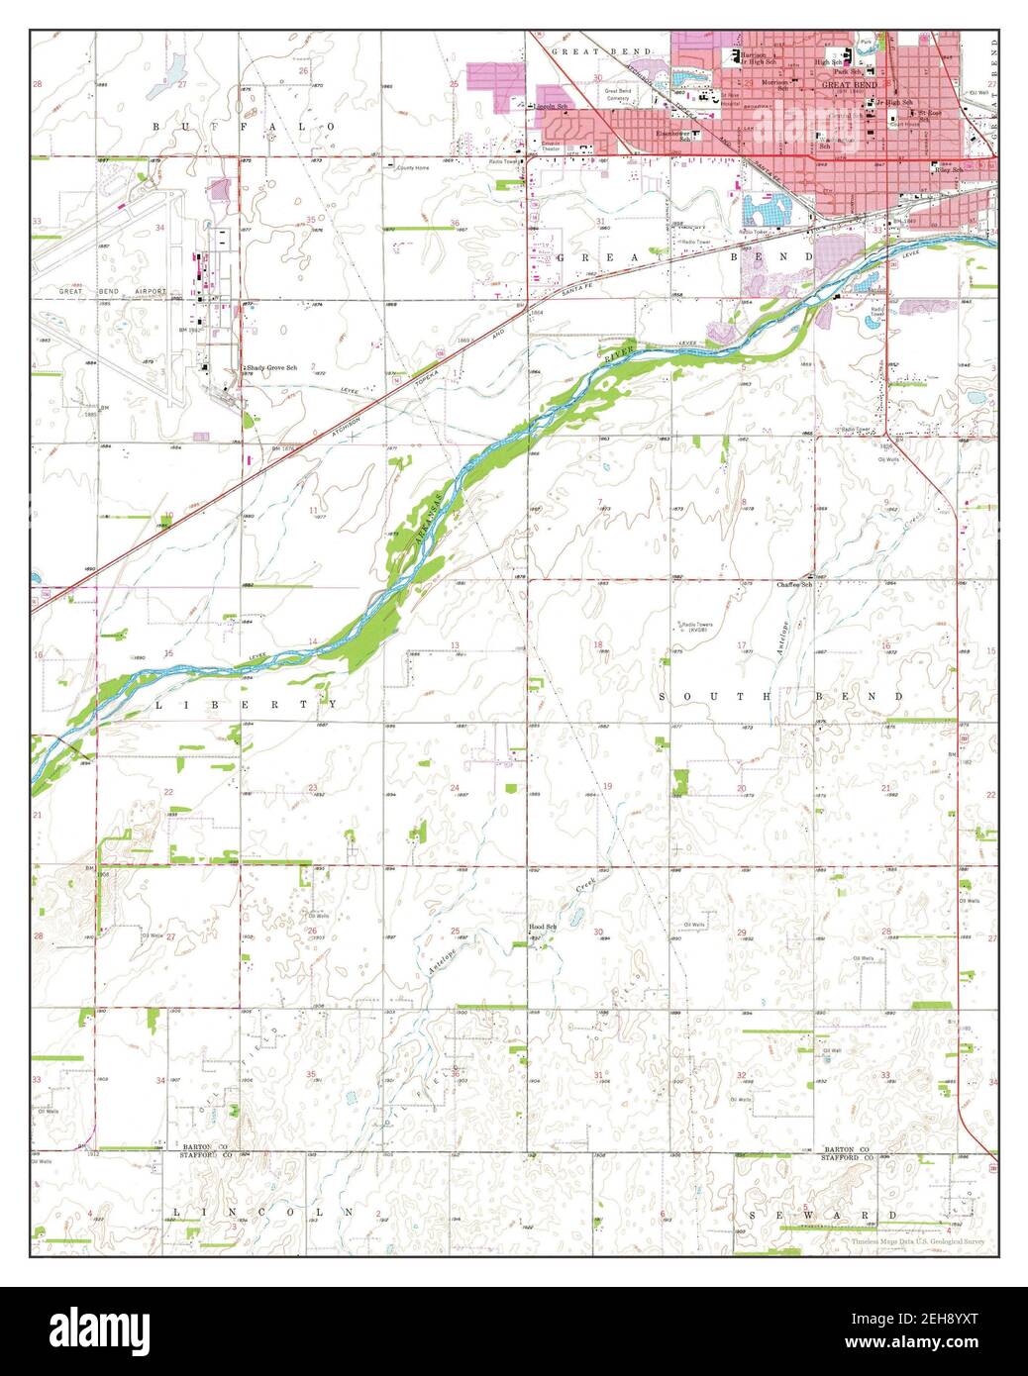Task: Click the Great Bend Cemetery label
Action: (617, 95)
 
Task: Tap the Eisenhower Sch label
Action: (677, 135)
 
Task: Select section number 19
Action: (607, 786)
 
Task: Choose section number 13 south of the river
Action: (456, 645)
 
